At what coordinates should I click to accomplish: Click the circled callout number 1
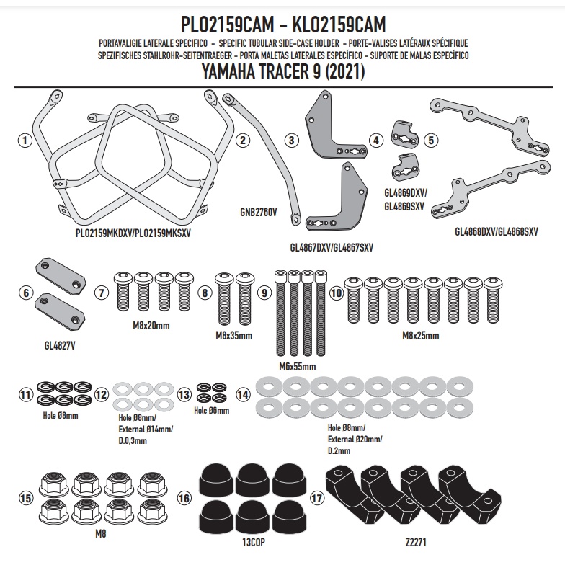25,141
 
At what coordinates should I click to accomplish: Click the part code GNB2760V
257,213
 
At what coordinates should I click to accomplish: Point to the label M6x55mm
297,367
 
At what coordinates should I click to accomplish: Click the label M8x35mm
233,336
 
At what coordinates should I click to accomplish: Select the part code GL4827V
59,345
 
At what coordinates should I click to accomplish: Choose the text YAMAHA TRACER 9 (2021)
282,72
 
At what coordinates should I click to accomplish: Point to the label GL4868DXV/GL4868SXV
497,232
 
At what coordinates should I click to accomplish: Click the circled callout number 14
243,394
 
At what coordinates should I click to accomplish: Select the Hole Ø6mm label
212,411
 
